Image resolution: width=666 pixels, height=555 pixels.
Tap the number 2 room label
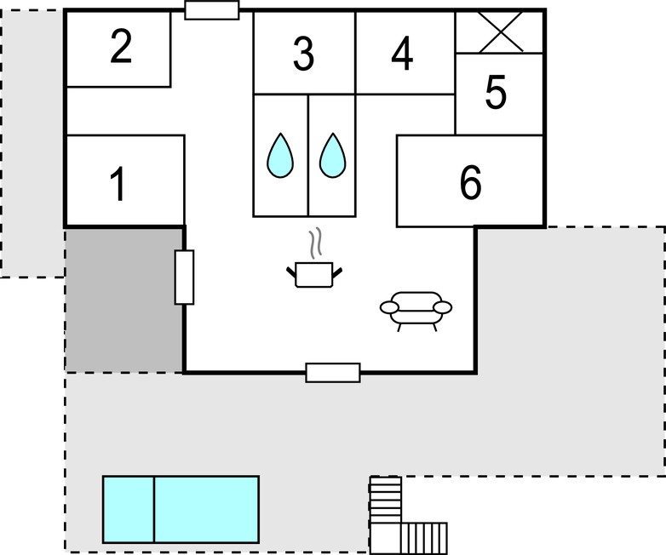pyautogui.click(x=121, y=47)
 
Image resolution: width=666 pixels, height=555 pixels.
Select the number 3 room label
pyautogui.click(x=304, y=54)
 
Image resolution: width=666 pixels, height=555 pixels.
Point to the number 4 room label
pyautogui.click(x=402, y=54)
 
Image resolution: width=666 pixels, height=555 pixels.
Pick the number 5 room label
pyautogui.click(x=496, y=92)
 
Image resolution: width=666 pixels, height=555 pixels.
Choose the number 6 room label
pyautogui.click(x=471, y=182)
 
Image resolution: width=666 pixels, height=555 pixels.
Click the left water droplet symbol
pyautogui.click(x=280, y=156)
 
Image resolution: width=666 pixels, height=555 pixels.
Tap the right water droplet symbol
pyautogui.click(x=333, y=156)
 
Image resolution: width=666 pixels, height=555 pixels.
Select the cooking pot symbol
pyautogui.click(x=314, y=275)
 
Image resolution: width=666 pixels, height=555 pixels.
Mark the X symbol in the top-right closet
pyautogui.click(x=501, y=31)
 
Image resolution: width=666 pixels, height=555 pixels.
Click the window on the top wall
pyautogui.click(x=212, y=9)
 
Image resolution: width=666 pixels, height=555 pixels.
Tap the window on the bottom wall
pyautogui.click(x=333, y=372)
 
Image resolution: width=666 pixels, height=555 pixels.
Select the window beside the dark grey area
pyautogui.click(x=184, y=277)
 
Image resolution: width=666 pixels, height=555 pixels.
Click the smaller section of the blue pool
pyautogui.click(x=129, y=510)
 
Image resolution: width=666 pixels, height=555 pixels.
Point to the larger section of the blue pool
pyautogui.click(x=207, y=510)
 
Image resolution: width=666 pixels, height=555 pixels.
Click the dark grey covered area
pyautogui.click(x=124, y=300)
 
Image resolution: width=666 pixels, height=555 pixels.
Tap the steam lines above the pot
pyautogui.click(x=315, y=244)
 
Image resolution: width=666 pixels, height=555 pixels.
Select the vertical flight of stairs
pyautogui.click(x=386, y=500)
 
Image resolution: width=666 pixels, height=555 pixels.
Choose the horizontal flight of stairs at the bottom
pyautogui.click(x=424, y=539)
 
